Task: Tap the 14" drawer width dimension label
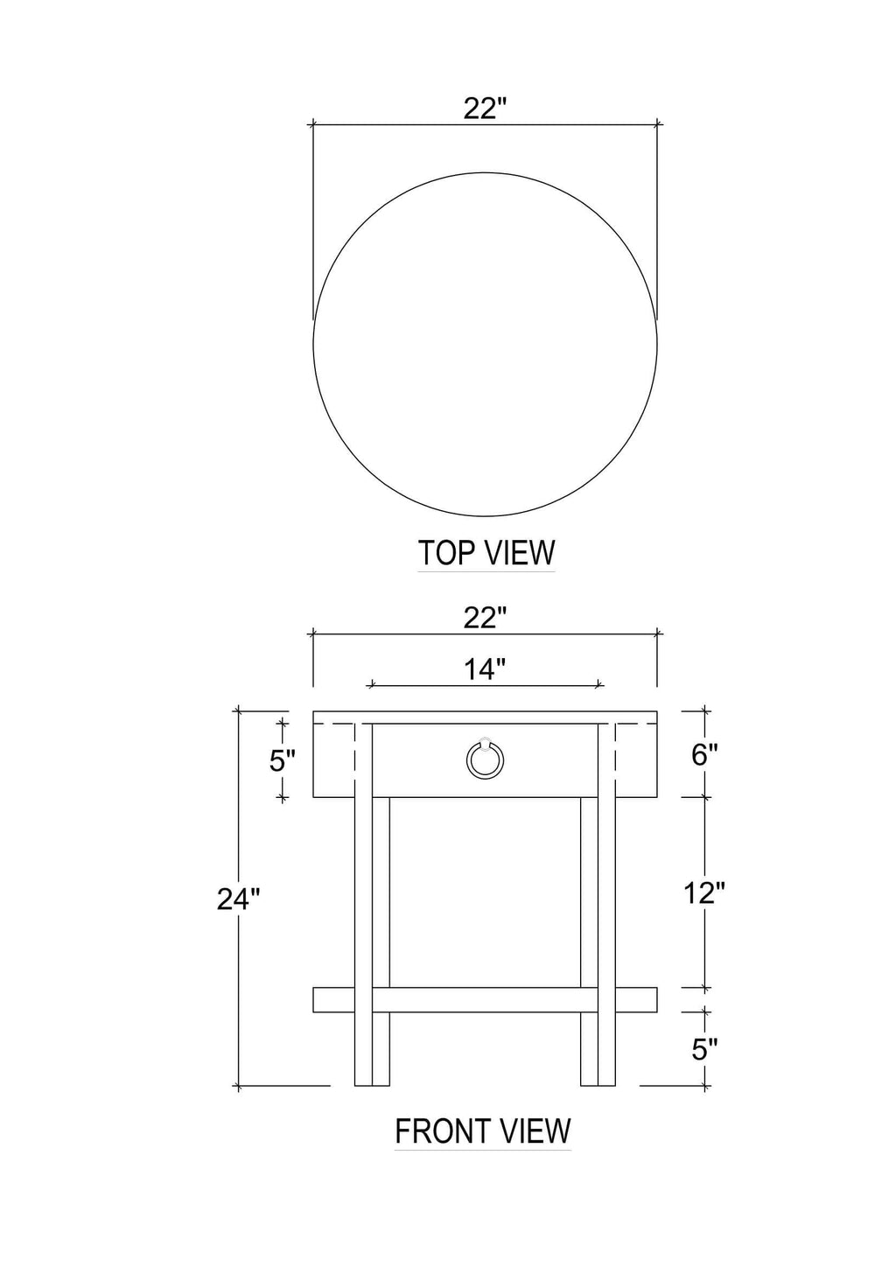485,669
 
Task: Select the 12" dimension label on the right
703,892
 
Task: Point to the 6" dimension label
704,754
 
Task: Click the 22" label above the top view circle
485,108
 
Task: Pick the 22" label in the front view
485,618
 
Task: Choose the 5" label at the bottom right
704,1049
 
